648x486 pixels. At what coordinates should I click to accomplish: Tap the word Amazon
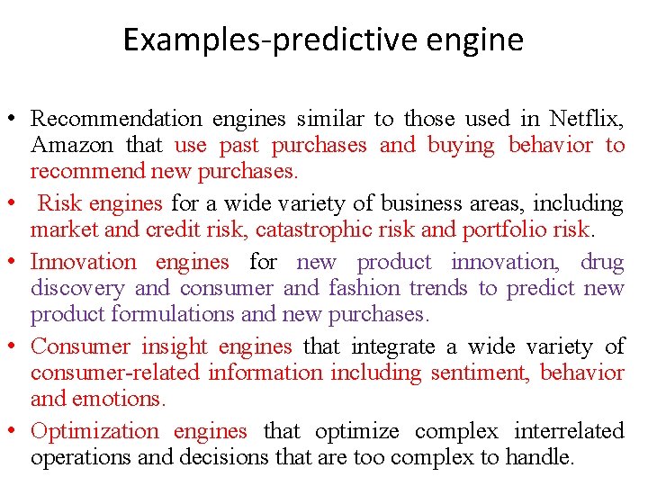click(72, 145)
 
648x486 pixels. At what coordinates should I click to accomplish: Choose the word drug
click(602, 262)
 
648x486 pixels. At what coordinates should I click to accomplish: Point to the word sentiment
click(482, 373)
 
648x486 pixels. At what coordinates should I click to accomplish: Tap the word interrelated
click(569, 431)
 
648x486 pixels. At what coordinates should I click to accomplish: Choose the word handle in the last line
click(541, 457)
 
